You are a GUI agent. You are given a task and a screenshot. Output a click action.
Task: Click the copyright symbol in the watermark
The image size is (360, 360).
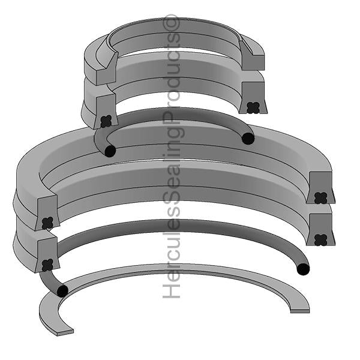coord(173,22)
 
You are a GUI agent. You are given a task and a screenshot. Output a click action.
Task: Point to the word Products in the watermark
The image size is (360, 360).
coord(173,78)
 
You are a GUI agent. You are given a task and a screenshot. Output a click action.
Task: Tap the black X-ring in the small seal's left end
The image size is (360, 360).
coord(106,121)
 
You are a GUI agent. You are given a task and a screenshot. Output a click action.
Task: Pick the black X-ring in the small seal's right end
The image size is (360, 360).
coord(252,107)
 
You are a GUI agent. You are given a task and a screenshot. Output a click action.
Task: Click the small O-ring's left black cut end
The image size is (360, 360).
coord(110,151)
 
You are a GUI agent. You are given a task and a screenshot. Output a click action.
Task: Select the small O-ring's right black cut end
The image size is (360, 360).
coord(248,139)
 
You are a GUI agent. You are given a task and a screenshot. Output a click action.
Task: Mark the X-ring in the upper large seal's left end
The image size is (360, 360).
coord(47,223)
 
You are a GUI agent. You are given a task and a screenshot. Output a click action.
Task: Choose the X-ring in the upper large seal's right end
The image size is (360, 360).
coord(321,197)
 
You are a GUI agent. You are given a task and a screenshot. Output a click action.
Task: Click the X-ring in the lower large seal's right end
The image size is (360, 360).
coord(321,239)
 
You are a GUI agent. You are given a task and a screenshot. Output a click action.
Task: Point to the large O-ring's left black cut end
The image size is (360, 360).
coord(62,291)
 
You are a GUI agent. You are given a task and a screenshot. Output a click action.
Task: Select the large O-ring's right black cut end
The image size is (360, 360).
coord(304,269)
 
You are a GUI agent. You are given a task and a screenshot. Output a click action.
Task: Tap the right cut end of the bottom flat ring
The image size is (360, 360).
coord(300,309)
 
